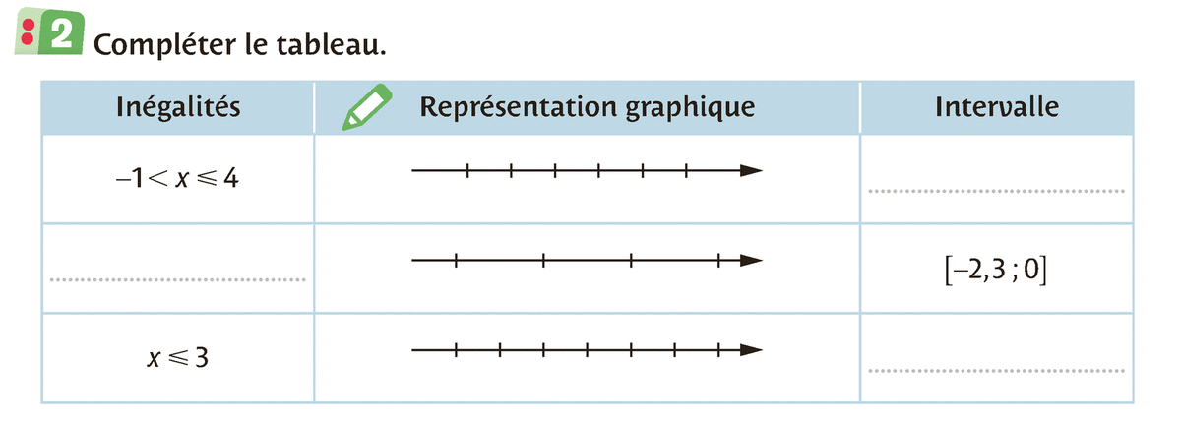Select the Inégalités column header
(177, 106)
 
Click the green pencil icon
(366, 107)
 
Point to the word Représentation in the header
(519, 106)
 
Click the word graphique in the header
(690, 106)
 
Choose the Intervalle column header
(997, 106)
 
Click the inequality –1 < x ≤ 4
(176, 180)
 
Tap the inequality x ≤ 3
(176, 358)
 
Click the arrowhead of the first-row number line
(752, 171)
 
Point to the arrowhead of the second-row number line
(752, 261)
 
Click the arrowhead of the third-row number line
(752, 349)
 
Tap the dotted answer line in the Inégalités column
(177, 279)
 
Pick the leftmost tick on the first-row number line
(467, 171)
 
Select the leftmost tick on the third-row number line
(456, 349)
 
